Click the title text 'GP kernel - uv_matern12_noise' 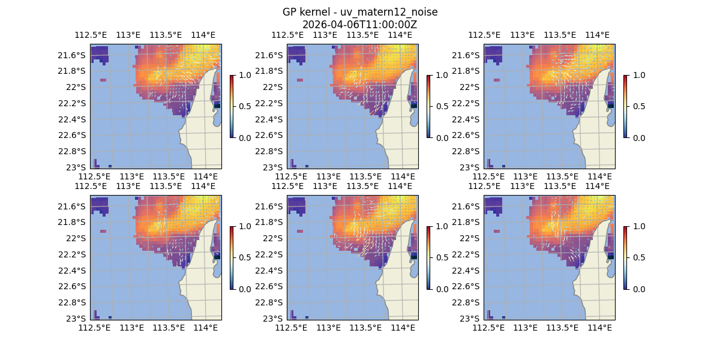click(360, 12)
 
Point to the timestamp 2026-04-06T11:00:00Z click(360, 25)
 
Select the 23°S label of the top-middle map click(277, 167)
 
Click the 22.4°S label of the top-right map click(466, 119)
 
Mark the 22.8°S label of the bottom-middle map click(272, 302)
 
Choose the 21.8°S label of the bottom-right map click(469, 222)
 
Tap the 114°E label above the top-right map click(597, 35)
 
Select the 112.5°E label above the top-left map click(86, 35)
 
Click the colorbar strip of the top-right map click(625, 106)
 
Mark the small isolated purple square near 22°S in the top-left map click(103, 80)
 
